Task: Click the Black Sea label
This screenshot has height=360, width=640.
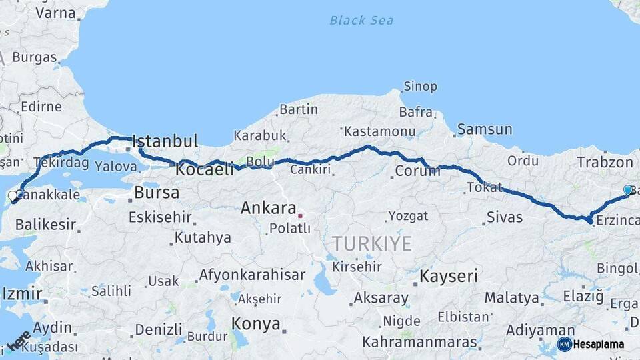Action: click(x=361, y=20)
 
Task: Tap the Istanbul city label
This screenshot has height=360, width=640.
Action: click(x=165, y=141)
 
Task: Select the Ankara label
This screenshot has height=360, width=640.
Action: click(x=268, y=208)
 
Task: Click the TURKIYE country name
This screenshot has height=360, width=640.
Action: click(x=372, y=243)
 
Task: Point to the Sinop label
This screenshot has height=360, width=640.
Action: click(x=421, y=87)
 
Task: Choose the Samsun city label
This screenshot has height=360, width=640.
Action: click(x=485, y=129)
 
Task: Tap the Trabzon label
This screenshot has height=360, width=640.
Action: click(x=605, y=162)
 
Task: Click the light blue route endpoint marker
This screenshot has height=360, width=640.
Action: click(x=627, y=190)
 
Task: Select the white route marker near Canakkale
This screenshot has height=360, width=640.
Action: click(x=13, y=197)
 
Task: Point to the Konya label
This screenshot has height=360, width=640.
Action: click(x=255, y=324)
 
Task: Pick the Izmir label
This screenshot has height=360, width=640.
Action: click(x=22, y=293)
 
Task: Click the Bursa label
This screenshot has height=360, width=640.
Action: click(x=157, y=193)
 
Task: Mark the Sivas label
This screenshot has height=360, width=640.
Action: click(x=505, y=217)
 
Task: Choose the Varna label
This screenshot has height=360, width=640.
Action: click(x=55, y=13)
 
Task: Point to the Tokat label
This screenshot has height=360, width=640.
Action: click(x=485, y=187)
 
